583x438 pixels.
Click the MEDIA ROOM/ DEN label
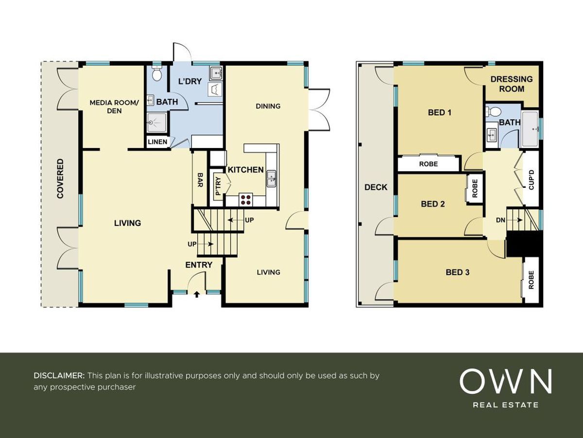[x=114, y=107]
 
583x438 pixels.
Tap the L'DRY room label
[x=190, y=81]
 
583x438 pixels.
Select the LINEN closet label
[x=157, y=142]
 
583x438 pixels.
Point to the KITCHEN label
[x=246, y=170]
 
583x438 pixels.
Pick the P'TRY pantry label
[x=218, y=186]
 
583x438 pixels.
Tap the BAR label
[x=200, y=180]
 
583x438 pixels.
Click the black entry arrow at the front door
[x=197, y=294]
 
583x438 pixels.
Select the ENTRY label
[x=199, y=265]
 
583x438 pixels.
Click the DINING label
[x=268, y=106]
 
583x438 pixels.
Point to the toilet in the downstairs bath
[x=157, y=73]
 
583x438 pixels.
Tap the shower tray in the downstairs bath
[x=157, y=123]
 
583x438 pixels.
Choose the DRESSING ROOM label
[x=512, y=84]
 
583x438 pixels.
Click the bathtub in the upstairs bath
[x=531, y=129]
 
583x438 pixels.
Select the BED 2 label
[x=433, y=204]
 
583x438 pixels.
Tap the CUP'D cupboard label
[x=532, y=180]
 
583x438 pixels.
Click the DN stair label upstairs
[x=501, y=220]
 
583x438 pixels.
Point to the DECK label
[x=376, y=187]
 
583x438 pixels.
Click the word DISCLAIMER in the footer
[x=59, y=376]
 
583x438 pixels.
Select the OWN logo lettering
[x=506, y=381]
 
